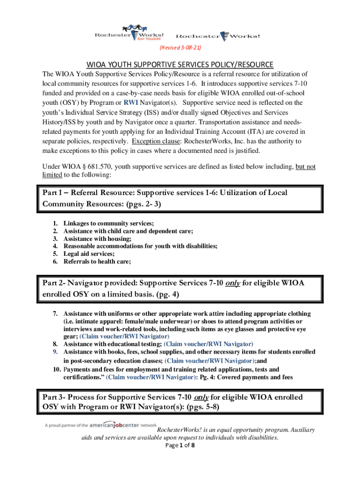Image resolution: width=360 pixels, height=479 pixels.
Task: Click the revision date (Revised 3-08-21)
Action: [180, 48]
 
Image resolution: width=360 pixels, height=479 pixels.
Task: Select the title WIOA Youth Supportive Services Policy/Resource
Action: [180, 64]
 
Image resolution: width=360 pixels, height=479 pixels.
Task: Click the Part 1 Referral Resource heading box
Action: [180, 198]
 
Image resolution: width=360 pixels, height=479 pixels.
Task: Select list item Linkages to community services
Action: [108, 224]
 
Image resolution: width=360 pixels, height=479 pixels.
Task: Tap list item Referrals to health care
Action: [97, 261]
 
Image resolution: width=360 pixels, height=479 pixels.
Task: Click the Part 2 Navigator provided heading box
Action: [180, 288]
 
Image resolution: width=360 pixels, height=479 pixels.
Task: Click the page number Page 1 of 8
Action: [180, 445]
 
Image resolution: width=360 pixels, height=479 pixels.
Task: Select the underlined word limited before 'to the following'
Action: [52, 174]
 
